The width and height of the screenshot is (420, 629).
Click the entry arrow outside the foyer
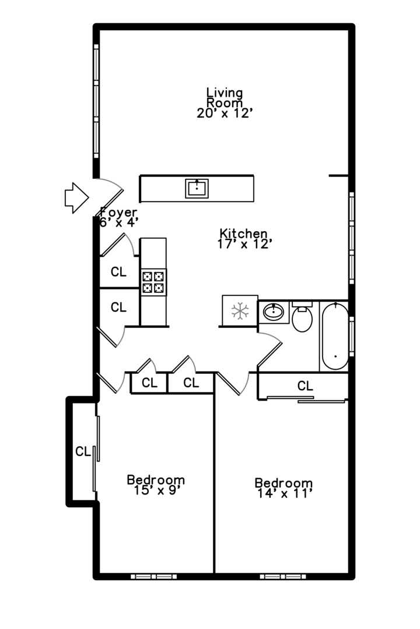(76, 198)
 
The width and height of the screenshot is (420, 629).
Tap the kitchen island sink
(197, 189)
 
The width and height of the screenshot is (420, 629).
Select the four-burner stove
(153, 282)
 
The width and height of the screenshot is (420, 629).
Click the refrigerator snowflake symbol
(240, 311)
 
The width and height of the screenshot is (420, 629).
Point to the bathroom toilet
(302, 316)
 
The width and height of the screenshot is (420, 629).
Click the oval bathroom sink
(274, 312)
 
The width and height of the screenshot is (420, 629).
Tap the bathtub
(335, 336)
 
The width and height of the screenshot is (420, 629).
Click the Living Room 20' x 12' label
(224, 103)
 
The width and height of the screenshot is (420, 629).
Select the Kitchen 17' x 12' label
(243, 239)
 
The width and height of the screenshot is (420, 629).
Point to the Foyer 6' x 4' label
(119, 217)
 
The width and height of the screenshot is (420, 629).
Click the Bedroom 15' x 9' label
(156, 485)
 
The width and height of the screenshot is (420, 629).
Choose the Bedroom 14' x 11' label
(283, 488)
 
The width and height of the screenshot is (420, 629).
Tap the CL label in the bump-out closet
(83, 452)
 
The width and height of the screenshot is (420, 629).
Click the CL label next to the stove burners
(118, 272)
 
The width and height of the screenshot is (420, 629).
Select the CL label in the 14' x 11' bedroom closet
(305, 386)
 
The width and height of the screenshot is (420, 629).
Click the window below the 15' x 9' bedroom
(153, 577)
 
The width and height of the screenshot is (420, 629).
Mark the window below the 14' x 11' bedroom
(283, 577)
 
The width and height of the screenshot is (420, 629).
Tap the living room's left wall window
(96, 101)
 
